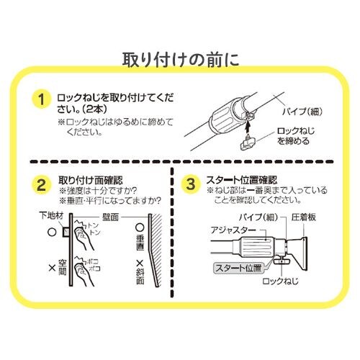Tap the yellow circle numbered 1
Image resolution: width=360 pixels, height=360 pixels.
click(42, 99)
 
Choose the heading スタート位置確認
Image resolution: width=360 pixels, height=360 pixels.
click(242, 179)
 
